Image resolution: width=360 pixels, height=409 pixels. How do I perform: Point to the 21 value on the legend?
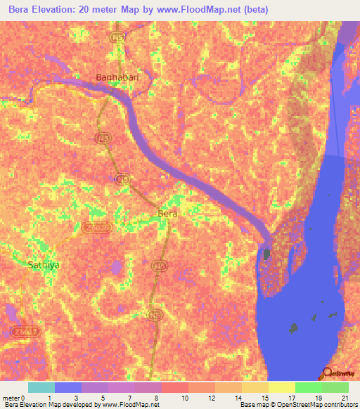pyautogui.click(x=345, y=398)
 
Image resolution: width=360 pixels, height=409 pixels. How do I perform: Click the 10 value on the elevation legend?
pyautogui.click(x=185, y=398)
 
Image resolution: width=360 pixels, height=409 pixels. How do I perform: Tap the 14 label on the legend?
pyautogui.click(x=238, y=398)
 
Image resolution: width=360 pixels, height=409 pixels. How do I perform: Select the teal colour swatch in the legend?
pyautogui.click(x=41, y=387)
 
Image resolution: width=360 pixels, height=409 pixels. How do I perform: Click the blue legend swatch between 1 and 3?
pyautogui.click(x=67, y=387)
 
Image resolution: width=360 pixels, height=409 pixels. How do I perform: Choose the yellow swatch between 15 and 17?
pyautogui.click(x=281, y=387)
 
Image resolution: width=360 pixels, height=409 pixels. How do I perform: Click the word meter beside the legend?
pyautogui.click(x=11, y=398)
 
